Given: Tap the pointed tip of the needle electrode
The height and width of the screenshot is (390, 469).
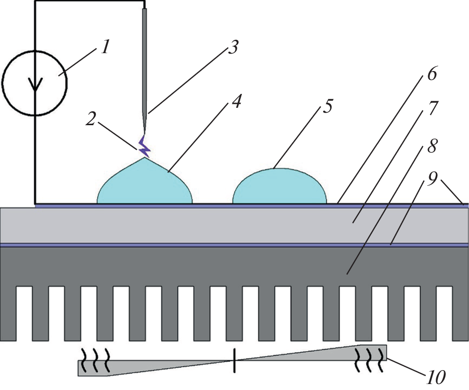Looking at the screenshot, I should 144,132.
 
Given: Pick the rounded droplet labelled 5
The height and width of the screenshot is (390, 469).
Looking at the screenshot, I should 279,188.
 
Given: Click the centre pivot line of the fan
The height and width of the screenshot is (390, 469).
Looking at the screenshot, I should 234,360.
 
